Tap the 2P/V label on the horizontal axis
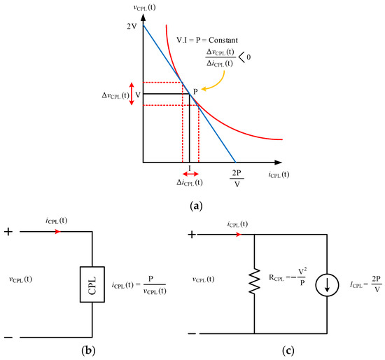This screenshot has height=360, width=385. coord(237,179)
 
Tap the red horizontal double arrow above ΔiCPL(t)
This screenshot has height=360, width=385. coord(190,174)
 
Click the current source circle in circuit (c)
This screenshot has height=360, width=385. coord(327,280)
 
